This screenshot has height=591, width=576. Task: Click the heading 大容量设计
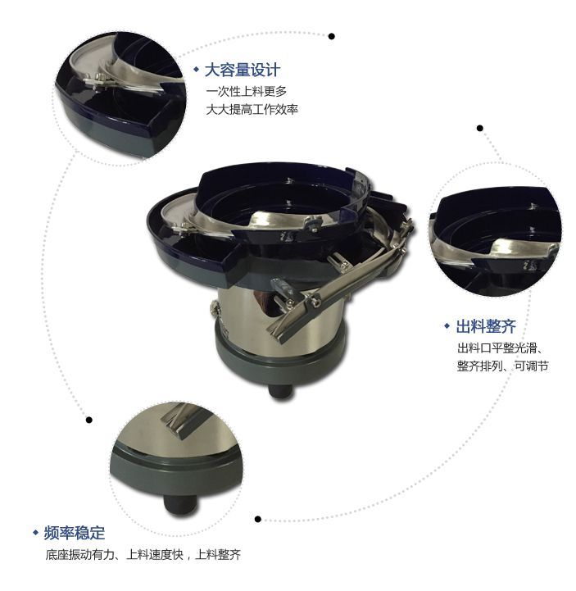pyautogui.click(x=242, y=70)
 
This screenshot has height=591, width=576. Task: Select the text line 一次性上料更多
pyautogui.click(x=246, y=90)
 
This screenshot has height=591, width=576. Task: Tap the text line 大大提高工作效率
pyautogui.click(x=252, y=107)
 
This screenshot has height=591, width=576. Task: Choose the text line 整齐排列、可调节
pyautogui.click(x=502, y=366)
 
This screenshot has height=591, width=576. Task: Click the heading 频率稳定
pyautogui.click(x=75, y=533)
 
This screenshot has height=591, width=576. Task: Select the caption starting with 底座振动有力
pyautogui.click(x=143, y=555)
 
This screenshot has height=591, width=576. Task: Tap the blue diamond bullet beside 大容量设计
pyautogui.click(x=196, y=70)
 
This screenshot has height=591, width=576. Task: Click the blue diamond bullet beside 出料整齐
pyautogui.click(x=447, y=326)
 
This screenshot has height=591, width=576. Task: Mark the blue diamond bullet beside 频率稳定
pyautogui.click(x=35, y=533)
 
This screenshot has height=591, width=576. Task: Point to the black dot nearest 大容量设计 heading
pyautogui.click(x=331, y=36)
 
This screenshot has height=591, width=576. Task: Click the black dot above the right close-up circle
pyautogui.click(x=479, y=128)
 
